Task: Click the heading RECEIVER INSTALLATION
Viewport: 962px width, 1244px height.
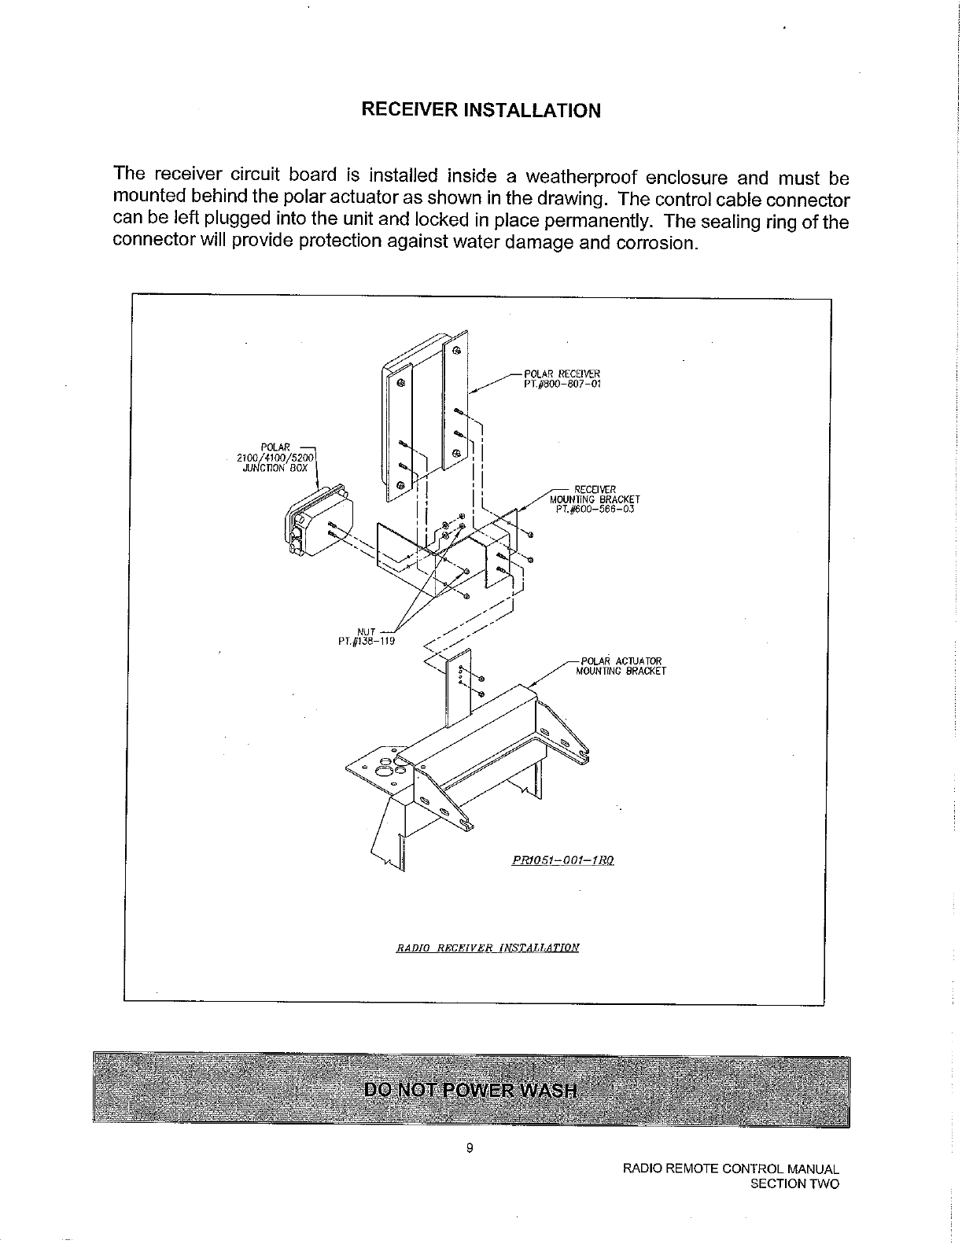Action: pos(481,109)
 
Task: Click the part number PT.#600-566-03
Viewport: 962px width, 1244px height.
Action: pos(594,509)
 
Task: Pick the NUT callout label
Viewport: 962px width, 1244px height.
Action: pos(366,631)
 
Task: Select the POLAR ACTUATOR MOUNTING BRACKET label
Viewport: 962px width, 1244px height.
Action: pos(621,666)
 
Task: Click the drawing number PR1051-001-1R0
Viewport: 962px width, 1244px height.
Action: pos(562,860)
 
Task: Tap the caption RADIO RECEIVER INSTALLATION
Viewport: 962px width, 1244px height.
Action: pos(488,947)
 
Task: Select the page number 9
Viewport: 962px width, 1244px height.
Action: pos(470,1148)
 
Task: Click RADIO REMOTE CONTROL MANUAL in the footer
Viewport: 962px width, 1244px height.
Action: pos(731,1169)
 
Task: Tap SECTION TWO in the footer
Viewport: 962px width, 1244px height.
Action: pos(795,1183)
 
